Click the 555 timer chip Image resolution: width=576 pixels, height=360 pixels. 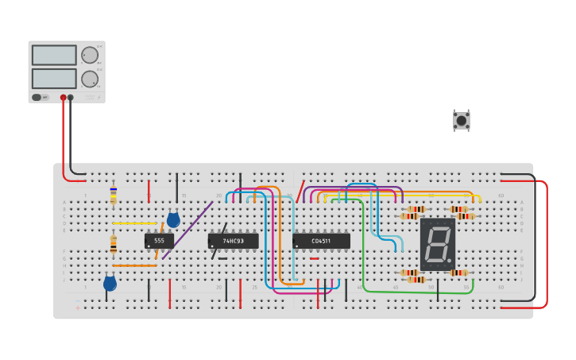pyautogui.click(x=159, y=240)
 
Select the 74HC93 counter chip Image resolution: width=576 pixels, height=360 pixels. pyautogui.click(x=233, y=240)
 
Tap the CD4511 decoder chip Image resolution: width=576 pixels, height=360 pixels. pyautogui.click(x=321, y=240)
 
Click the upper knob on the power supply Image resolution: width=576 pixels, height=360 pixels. pyautogui.click(x=89, y=55)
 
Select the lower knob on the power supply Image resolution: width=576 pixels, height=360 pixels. pyautogui.click(x=89, y=79)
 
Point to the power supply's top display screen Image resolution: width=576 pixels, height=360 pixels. pyautogui.click(x=54, y=55)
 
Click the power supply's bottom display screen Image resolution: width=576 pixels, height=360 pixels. pyautogui.click(x=54, y=79)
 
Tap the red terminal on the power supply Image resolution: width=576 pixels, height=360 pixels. pyautogui.click(x=64, y=98)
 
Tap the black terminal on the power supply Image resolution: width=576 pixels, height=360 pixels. pyautogui.click(x=71, y=98)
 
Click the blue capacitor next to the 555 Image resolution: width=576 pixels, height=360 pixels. pyautogui.click(x=173, y=220)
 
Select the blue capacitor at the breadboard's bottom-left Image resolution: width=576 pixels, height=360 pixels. pyautogui.click(x=110, y=283)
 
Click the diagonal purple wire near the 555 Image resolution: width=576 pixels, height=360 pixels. pyautogui.click(x=187, y=230)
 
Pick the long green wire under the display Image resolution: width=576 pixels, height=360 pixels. pyautogui.click(x=413, y=292)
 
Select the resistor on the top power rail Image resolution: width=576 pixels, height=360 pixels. pyautogui.click(x=113, y=193)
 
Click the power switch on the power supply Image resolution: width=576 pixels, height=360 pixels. pyautogui.click(x=37, y=98)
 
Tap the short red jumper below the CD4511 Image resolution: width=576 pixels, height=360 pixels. pyautogui.click(x=315, y=258)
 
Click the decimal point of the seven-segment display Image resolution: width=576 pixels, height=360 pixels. pyautogui.click(x=450, y=263)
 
